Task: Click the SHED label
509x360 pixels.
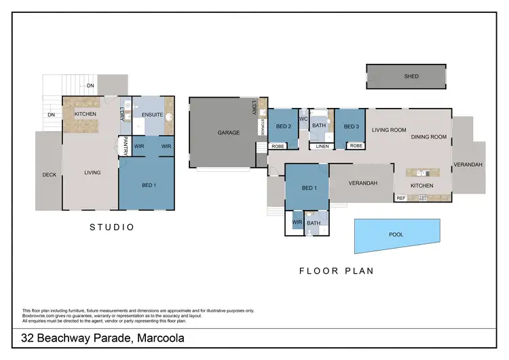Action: (x=411, y=77)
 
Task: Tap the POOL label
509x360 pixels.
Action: (x=396, y=234)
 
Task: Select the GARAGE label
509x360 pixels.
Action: (x=229, y=132)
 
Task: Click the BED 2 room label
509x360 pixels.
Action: (x=284, y=126)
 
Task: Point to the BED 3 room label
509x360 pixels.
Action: (x=351, y=126)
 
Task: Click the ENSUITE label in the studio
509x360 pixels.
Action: (x=152, y=115)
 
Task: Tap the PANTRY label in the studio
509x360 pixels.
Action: (x=126, y=147)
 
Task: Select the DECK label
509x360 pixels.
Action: (x=49, y=175)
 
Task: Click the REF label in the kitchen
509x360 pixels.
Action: (x=401, y=198)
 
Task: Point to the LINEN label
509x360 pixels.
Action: (x=322, y=146)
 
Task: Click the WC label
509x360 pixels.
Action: (x=303, y=119)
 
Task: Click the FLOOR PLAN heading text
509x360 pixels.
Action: (x=337, y=270)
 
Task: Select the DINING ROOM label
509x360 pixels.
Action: (x=429, y=137)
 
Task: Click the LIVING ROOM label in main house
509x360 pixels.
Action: (x=389, y=130)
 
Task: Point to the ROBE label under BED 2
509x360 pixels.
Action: (x=278, y=146)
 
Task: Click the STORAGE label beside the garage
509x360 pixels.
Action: (x=262, y=127)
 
